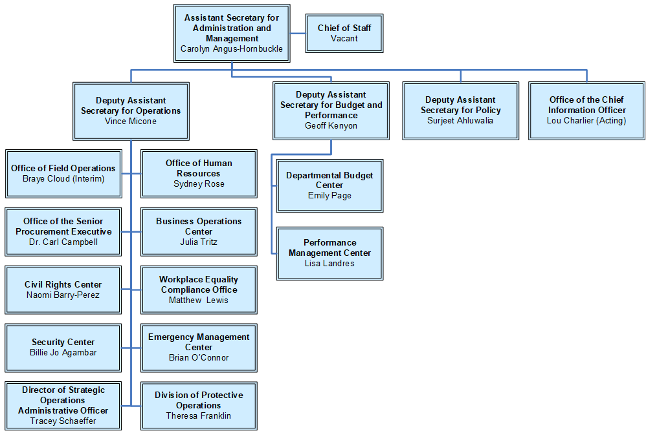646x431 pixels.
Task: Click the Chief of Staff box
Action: (x=344, y=33)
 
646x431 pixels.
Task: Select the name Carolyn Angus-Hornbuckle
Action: (x=232, y=48)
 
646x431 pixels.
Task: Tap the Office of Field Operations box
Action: (x=63, y=173)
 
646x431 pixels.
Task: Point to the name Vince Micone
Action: (x=131, y=121)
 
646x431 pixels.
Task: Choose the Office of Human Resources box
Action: (x=199, y=173)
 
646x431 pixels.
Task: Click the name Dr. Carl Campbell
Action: (x=63, y=242)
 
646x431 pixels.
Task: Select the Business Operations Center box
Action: (x=199, y=231)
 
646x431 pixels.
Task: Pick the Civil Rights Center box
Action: (x=63, y=289)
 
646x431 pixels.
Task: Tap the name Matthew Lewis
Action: (x=199, y=300)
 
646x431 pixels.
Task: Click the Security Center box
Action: (x=63, y=347)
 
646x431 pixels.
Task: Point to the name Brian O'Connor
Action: (x=199, y=357)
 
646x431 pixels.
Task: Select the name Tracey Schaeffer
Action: (x=63, y=421)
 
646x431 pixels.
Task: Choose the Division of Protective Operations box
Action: (x=199, y=405)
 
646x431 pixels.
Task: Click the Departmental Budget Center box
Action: (x=329, y=185)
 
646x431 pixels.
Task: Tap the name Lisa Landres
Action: (x=329, y=263)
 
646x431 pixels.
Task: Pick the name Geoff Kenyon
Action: (x=331, y=125)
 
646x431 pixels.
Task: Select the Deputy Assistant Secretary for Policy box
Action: (x=460, y=110)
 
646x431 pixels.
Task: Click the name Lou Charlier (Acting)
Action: (x=586, y=120)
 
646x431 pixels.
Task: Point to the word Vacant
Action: (x=344, y=38)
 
